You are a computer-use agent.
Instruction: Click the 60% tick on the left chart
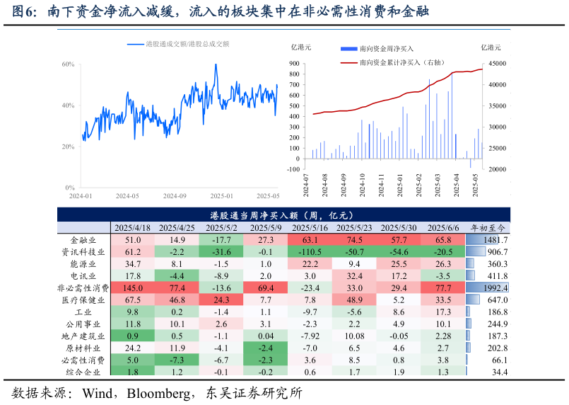[69, 64]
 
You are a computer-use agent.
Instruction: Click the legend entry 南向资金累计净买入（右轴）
[401, 62]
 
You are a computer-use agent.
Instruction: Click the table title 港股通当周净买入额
[283, 215]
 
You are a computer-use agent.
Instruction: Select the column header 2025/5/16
[310, 228]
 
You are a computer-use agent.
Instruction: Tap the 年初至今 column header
[488, 228]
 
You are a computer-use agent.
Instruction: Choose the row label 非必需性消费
[83, 288]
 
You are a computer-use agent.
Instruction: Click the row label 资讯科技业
[83, 252]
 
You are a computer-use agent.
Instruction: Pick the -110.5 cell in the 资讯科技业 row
[310, 252]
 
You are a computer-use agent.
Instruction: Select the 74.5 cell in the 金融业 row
[355, 240]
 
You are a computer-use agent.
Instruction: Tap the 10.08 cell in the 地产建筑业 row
[355, 336]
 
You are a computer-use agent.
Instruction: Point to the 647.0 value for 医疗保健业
[498, 300]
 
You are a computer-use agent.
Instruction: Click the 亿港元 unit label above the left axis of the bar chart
[301, 48]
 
